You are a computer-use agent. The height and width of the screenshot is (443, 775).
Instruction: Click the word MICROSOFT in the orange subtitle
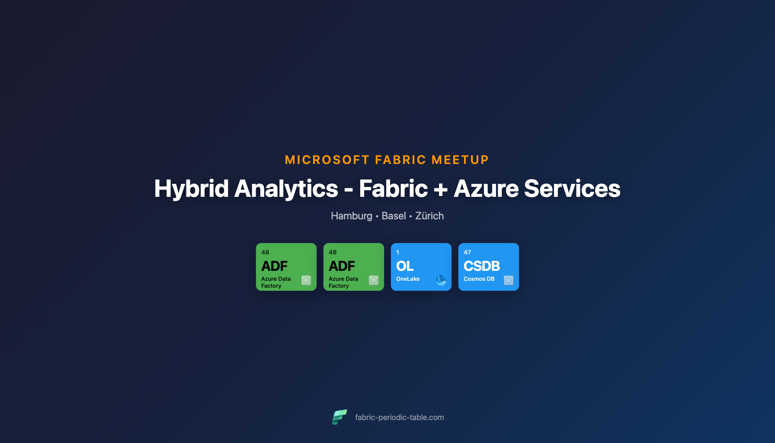[327, 160]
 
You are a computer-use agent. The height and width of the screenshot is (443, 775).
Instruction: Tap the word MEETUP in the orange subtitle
[460, 160]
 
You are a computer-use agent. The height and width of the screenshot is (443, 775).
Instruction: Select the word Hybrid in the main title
[191, 189]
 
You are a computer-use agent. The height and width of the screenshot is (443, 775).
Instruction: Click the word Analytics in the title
[286, 189]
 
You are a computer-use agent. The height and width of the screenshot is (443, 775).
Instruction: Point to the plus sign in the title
[441, 189]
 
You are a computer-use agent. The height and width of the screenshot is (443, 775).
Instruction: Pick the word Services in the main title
[572, 189]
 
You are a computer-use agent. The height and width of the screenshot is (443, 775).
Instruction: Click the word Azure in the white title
[486, 189]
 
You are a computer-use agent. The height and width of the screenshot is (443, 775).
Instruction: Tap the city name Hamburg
[351, 216]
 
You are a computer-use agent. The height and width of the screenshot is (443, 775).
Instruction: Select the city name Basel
[394, 216]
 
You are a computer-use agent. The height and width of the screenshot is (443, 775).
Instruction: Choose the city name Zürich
[429, 216]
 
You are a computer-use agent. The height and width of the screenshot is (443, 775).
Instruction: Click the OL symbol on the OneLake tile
[405, 266]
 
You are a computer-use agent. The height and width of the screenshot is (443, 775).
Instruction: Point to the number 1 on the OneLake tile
[398, 252]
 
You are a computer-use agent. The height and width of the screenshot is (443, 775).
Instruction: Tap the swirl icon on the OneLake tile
[441, 280]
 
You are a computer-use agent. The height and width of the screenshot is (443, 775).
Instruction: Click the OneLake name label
[408, 279]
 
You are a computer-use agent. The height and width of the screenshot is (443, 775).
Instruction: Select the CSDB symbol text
[482, 266]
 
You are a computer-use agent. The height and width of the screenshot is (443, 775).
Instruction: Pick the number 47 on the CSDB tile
[468, 252]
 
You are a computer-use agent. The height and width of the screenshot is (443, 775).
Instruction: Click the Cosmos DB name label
[479, 279]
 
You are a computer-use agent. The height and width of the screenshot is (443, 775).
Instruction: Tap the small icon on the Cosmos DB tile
[509, 280]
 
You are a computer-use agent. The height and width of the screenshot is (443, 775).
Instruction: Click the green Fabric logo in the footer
[339, 417]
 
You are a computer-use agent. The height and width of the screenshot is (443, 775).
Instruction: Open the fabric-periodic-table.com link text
[399, 417]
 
